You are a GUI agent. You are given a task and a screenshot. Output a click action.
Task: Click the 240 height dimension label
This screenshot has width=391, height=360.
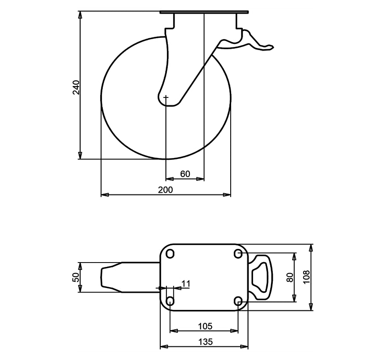[76, 87]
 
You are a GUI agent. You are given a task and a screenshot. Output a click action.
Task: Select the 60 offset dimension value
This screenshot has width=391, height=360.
[185, 174]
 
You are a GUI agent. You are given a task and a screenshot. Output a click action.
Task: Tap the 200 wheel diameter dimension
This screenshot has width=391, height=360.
[165, 190]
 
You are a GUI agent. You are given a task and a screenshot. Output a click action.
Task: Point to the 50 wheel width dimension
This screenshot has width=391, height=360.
[76, 277]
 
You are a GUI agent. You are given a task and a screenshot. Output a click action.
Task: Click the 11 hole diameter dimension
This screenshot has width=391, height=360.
[186, 284]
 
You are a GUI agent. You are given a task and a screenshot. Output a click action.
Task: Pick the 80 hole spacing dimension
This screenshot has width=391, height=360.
[290, 277]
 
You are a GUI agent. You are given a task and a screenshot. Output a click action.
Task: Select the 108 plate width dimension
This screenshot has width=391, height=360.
[306, 277]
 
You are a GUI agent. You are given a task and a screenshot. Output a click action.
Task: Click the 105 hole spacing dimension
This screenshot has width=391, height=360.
[205, 326]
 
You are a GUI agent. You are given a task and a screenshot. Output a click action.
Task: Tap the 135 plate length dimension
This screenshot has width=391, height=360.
[206, 342]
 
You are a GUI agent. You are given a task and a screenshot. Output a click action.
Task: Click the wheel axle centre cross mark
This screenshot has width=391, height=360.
[166, 97]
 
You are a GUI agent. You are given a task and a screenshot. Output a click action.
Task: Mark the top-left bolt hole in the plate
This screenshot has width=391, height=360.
[170, 254]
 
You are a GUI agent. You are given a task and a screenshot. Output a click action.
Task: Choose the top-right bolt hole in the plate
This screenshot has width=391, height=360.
[238, 254]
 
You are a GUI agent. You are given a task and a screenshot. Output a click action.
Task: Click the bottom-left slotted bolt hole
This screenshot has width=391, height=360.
[170, 301]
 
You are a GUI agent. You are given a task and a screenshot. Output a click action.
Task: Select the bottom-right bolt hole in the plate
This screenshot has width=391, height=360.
[238, 301]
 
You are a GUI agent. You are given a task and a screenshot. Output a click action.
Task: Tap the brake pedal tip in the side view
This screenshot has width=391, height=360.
[272, 47]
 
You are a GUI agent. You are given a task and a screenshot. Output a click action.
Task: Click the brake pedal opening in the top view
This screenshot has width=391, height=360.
[260, 277]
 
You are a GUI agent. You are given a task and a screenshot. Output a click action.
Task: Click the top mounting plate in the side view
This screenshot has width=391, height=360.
[204, 12]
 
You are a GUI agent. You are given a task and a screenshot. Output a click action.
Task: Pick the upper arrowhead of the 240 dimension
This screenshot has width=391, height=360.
[80, 14]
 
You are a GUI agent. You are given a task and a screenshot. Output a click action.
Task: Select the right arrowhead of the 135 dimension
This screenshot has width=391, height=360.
[244, 346]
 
